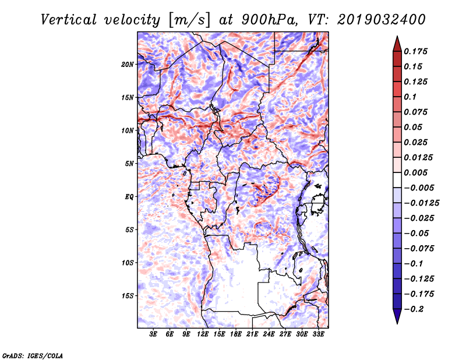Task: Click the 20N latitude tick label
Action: pos(128,65)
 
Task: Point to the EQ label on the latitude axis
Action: pos(129,197)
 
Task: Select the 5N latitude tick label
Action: pos(129,164)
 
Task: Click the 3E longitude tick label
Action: pos(153,334)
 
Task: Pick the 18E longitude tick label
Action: pos(236,334)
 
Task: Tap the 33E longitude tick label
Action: pos(318,334)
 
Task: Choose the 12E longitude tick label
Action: pos(203,334)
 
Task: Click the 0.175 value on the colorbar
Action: pos(416,51)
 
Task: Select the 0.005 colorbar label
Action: pos(416,172)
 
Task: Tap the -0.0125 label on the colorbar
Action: pos(421,203)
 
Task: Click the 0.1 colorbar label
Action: pos(411,97)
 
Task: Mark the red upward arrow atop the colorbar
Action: pos(397,44)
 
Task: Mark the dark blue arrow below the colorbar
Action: pos(397,316)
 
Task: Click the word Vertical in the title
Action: pos(69,20)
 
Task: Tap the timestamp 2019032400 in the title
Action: pos(382,20)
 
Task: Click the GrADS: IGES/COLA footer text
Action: pos(33,355)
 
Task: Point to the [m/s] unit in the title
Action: pos(189,20)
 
